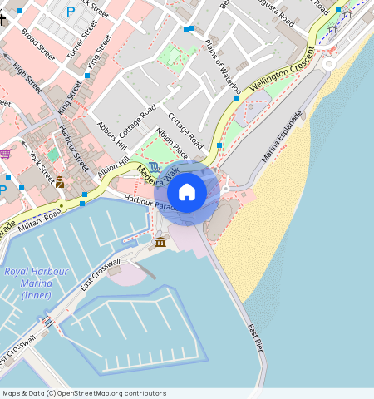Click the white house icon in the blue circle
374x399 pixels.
(187, 192)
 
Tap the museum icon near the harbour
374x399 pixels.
(160, 242)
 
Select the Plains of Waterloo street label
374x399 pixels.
(222, 62)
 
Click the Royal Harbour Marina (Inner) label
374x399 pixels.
(27, 283)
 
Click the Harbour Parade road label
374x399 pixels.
(136, 199)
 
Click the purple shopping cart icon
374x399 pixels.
(5, 154)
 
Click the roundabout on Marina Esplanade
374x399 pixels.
(330, 63)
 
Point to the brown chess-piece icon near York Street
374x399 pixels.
(60, 182)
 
